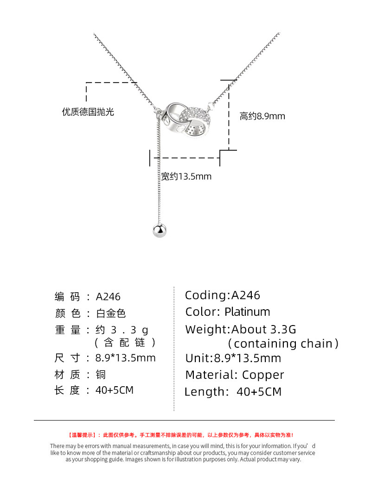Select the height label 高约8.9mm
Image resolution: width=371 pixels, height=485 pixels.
point(262,116)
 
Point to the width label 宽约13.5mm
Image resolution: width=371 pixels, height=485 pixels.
point(186,177)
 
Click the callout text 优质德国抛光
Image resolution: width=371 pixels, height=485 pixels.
point(88,112)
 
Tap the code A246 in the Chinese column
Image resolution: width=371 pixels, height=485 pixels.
point(108,297)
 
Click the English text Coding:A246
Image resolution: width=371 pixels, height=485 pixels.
point(223,295)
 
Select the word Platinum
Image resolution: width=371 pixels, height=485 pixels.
point(247,312)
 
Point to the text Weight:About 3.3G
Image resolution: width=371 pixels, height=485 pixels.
point(240,329)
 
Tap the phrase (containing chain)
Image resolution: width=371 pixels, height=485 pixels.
point(283,344)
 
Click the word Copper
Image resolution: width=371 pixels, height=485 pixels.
point(263,375)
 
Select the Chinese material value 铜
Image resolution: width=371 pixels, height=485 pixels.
point(101,374)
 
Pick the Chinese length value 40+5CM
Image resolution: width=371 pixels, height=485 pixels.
point(114,390)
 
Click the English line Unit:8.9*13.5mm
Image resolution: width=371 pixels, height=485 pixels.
point(233,358)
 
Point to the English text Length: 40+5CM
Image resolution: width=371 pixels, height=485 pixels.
point(233,392)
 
